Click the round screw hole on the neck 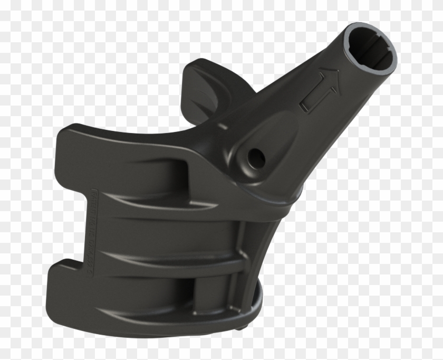(x=256, y=155)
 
